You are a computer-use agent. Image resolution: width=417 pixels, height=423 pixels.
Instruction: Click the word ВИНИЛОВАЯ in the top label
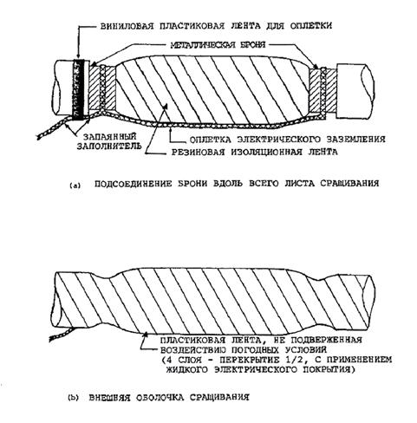pos(127,26)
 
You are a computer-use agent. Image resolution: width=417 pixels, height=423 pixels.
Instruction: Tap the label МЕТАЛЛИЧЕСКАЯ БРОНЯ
pos(218,45)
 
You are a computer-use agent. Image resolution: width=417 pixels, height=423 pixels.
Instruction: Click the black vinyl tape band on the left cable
pos(78,89)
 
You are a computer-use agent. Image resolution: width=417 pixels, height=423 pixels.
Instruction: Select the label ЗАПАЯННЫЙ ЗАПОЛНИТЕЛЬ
pos(109,141)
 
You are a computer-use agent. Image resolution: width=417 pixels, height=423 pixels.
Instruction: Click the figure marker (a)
pos(75,185)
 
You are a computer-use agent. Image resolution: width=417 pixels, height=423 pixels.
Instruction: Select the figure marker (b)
pos(73,398)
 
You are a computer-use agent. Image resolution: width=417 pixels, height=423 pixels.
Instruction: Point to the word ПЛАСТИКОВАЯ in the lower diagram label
pos(190,340)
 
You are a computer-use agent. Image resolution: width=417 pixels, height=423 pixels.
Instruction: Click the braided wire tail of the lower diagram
pos(62,334)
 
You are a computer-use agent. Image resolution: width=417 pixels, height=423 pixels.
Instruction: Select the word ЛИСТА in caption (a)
pos(299,184)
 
